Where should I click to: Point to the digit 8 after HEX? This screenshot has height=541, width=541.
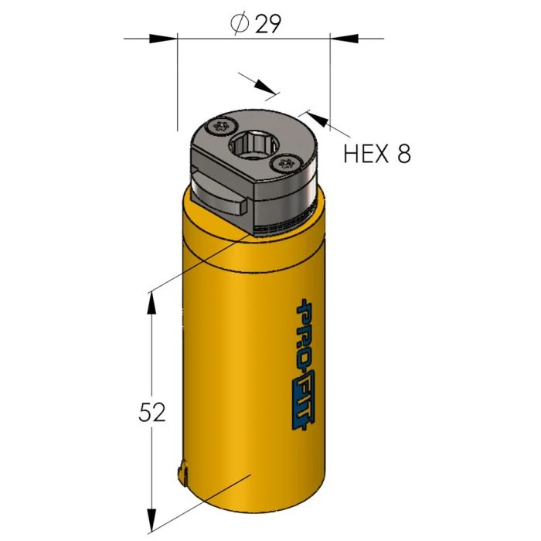coord(403,154)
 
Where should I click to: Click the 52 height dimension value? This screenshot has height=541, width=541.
coord(152,412)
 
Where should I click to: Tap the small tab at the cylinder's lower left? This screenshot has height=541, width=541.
coord(182,473)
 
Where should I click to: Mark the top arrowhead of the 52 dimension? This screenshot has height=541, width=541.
coord(151,303)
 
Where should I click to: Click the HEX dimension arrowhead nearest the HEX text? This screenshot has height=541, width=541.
coord(319,119)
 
